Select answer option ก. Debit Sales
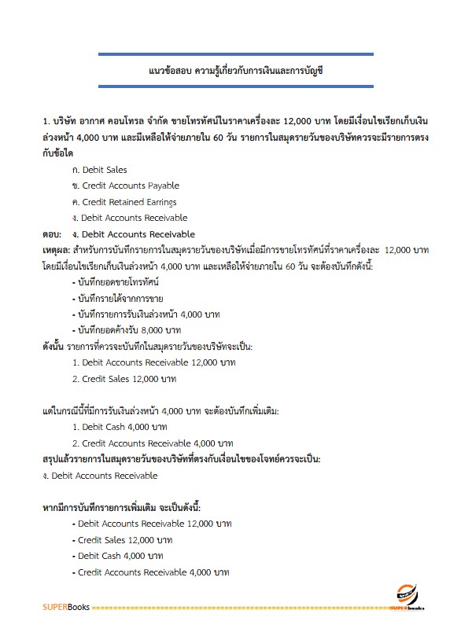point(99,170)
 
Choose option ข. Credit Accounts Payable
point(125,186)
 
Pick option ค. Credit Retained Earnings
point(124,202)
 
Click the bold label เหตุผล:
point(56,250)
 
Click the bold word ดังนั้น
point(53,346)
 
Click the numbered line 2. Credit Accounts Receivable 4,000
point(153,443)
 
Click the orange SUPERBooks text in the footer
point(66,607)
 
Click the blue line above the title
point(235,54)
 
